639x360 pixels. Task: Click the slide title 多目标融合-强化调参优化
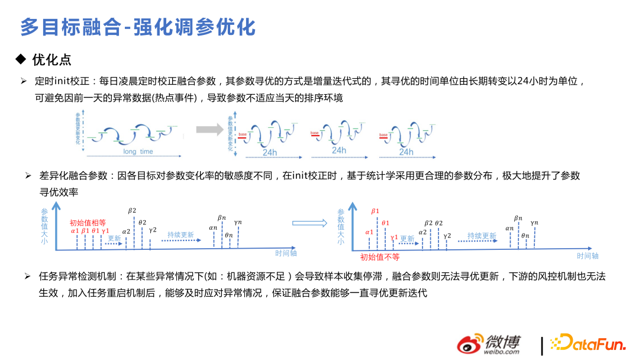click(x=138, y=27)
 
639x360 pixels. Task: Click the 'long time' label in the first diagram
click(x=138, y=152)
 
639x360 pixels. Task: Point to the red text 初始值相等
click(x=88, y=223)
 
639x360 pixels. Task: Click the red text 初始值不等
click(x=380, y=257)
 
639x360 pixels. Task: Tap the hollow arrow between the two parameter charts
click(x=309, y=223)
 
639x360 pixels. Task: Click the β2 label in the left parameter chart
click(x=132, y=211)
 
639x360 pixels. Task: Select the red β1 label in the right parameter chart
click(x=375, y=211)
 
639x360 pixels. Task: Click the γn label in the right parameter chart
click(x=535, y=223)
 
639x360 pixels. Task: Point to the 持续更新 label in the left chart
click(x=180, y=235)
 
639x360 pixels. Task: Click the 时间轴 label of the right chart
click(x=588, y=256)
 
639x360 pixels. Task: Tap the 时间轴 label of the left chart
click(x=286, y=253)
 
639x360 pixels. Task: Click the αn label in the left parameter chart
click(x=213, y=227)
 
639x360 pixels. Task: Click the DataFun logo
click(x=586, y=343)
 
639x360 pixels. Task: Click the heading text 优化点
click(x=51, y=59)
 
